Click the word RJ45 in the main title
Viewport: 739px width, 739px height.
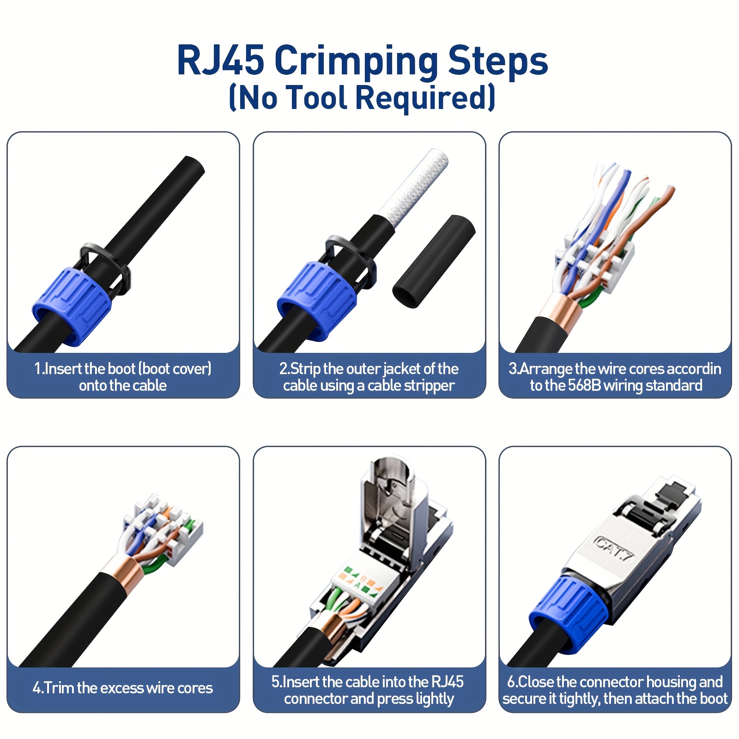(220, 60)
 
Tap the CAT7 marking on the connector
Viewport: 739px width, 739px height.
(614, 549)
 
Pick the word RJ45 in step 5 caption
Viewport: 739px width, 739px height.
(447, 682)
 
